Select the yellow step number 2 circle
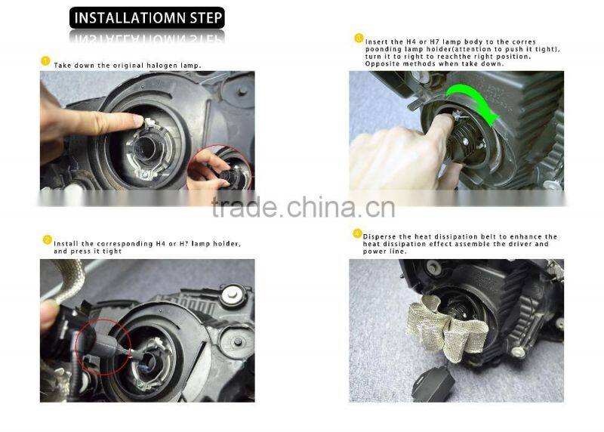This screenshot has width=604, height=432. (46, 239)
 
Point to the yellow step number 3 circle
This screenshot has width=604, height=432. (359, 38)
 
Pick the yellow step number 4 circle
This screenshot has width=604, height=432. (357, 236)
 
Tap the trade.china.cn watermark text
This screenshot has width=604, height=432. (302, 206)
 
